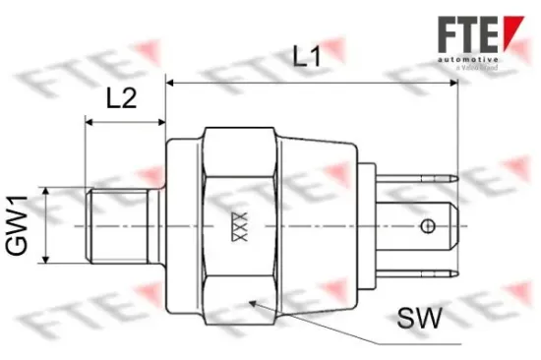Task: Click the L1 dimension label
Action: tap(309, 57)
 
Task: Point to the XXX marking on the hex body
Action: tap(236, 226)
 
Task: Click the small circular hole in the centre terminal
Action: tap(427, 228)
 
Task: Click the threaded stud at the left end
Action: tap(117, 226)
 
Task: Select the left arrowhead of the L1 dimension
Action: tap(171, 84)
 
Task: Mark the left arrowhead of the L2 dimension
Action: tap(91, 123)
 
